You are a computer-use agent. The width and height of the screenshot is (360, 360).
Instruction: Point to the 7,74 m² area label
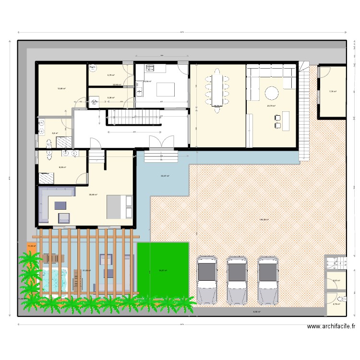click(x=333, y=91)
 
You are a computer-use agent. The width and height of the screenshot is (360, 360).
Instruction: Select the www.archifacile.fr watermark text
click(x=331, y=326)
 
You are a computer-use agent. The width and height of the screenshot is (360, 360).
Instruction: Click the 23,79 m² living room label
click(x=271, y=106)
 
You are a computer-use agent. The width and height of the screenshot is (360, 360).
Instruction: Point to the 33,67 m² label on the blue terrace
click(x=164, y=176)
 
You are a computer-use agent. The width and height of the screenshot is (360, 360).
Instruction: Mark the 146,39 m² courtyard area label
click(x=264, y=220)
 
